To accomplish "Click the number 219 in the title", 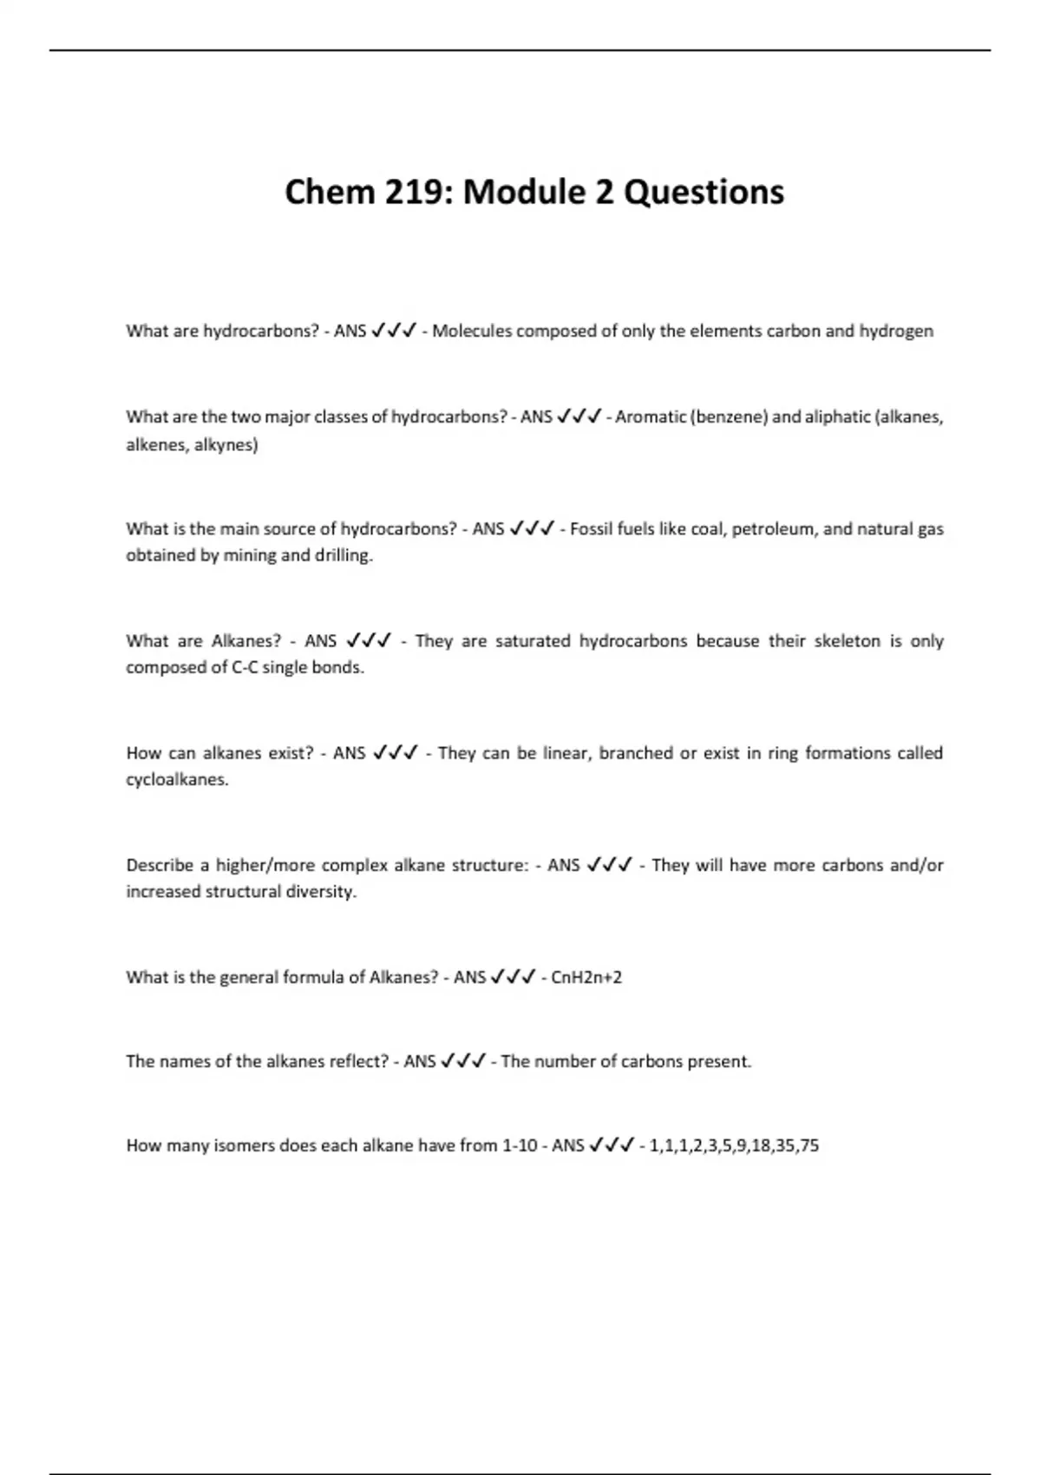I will [420, 192].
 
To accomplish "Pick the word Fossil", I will [591, 528].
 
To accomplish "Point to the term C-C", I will [246, 668].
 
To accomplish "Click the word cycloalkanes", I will [177, 780].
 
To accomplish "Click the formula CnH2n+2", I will [586, 978].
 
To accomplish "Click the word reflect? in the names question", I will [359, 1061].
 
